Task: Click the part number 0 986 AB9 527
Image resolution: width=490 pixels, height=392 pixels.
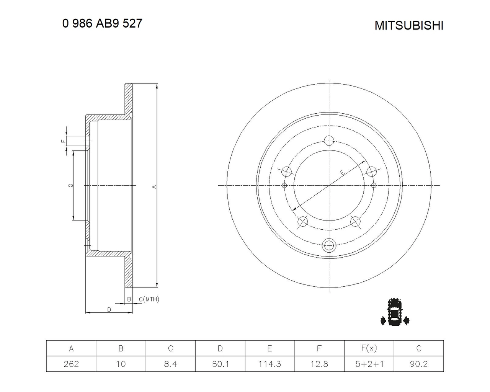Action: pos(102,23)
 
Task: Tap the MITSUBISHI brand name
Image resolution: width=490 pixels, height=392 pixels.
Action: pos(409,25)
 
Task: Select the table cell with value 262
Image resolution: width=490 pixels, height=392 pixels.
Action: pos(71,364)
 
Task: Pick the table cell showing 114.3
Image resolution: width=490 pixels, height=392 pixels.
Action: pos(270,364)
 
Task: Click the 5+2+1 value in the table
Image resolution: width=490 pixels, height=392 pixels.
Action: pos(369,364)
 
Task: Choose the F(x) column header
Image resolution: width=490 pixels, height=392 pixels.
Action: pos(369,348)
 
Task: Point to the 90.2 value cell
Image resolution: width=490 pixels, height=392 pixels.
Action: pos(419,364)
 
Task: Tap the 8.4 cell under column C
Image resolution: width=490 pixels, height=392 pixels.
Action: pos(171,364)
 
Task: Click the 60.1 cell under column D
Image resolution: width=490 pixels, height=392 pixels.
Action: pos(220,364)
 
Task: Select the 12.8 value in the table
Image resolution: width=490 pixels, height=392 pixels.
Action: pos(319,364)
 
